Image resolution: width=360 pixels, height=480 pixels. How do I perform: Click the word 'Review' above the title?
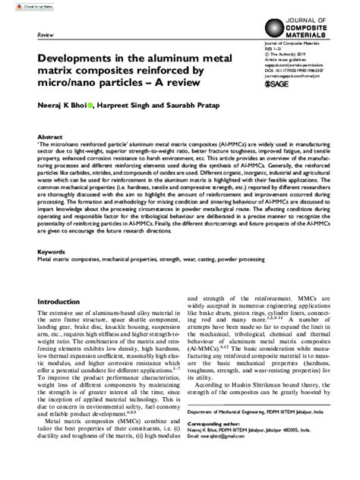pos(44,36)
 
